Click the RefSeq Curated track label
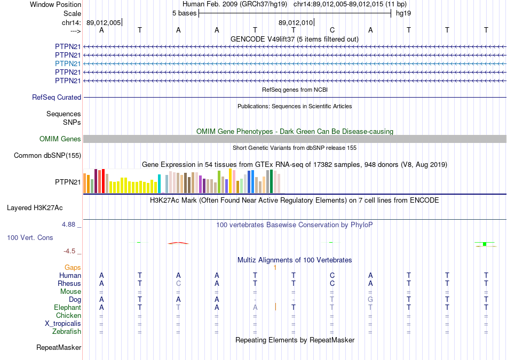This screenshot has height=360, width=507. pos(57,98)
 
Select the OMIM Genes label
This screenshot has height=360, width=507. pos(60,139)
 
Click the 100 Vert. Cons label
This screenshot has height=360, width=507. pos(30,237)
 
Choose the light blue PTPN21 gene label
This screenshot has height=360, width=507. pos(68,63)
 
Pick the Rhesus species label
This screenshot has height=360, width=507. pos(69,283)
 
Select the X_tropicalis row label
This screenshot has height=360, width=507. pos(63,323)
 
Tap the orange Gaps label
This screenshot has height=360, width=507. pos(73,267)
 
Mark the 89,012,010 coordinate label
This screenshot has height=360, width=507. pos(295,23)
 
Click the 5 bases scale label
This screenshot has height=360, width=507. pos(184,12)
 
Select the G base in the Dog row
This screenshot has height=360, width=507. pos(370,299)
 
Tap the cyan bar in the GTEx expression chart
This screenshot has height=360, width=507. pos(160,183)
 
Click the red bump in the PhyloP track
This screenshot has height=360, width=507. pos(178,243)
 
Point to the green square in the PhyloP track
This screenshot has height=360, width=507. pos(485,244)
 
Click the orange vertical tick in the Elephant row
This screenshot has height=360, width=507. pos(275,307)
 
